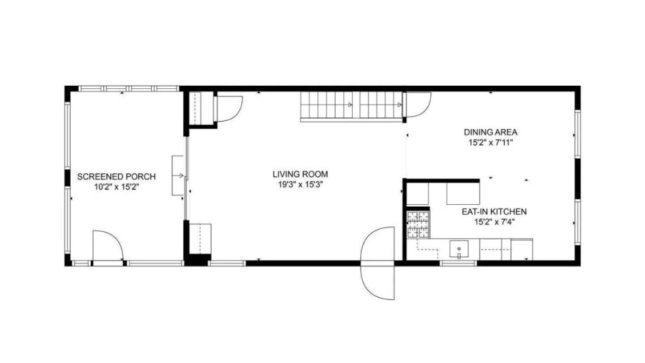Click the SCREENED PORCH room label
(116, 176)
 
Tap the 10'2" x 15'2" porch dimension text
(116, 187)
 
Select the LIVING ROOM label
(300, 174)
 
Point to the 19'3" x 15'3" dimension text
(300, 184)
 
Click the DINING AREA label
(491, 132)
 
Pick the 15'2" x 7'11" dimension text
(491, 142)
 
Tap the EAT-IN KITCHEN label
(494, 212)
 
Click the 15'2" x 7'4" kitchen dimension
(494, 222)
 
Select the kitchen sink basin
(459, 250)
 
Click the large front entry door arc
(377, 262)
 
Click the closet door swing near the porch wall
(228, 108)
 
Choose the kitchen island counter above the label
(463, 193)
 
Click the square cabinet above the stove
(417, 194)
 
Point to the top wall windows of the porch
(123, 89)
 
